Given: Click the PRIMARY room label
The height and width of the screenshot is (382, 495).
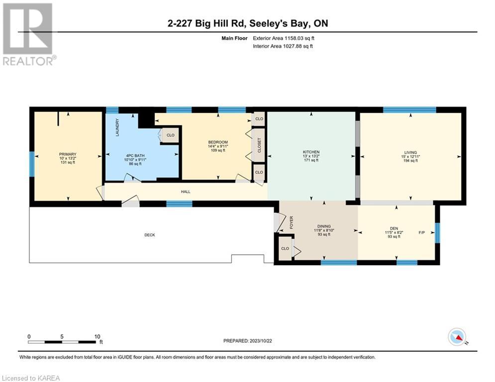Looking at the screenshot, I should (x=67, y=154).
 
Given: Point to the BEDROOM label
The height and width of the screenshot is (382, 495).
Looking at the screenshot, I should (x=217, y=142).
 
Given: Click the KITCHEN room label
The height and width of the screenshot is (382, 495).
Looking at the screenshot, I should (x=311, y=152).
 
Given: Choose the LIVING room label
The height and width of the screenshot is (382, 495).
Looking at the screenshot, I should (x=410, y=152).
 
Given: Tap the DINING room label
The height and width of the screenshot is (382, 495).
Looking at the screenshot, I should (x=324, y=226).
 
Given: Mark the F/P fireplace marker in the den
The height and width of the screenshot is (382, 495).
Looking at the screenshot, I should (x=422, y=232).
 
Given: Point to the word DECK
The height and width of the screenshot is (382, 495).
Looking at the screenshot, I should (x=149, y=235).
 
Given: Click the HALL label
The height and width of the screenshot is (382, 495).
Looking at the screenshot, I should (x=186, y=191).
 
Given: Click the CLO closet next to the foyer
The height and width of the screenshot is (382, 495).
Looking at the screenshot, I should (x=285, y=248).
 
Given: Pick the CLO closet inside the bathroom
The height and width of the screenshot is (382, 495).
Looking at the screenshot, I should (x=170, y=135).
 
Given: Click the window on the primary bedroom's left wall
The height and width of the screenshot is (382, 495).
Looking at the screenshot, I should (x=32, y=164).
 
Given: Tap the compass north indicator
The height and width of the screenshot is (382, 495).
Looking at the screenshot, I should (x=456, y=337).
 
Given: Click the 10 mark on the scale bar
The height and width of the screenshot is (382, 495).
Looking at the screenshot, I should (x=98, y=336).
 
